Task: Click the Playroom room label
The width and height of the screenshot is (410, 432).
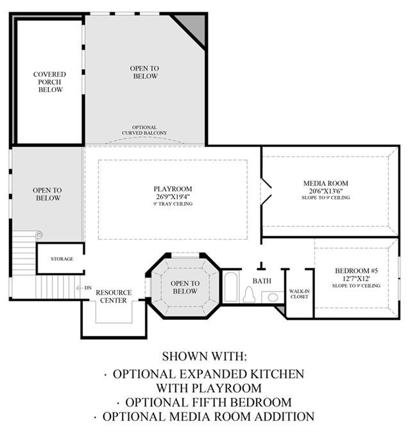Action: (173, 189)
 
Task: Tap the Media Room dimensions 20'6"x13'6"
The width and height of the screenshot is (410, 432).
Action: (326, 191)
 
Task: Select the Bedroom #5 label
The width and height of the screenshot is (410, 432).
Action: (356, 271)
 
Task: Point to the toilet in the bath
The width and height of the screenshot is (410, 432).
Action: (249, 294)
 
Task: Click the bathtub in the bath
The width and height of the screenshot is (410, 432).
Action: (231, 287)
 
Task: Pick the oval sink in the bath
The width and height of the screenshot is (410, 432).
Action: (273, 297)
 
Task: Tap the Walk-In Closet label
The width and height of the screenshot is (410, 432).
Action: (299, 294)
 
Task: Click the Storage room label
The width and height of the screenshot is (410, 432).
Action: (62, 259)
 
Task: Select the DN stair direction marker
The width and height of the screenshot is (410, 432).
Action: (88, 288)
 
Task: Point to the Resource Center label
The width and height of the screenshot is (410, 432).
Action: (114, 297)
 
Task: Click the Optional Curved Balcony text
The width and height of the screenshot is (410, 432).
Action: (144, 130)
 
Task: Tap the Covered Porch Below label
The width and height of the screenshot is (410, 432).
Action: (50, 82)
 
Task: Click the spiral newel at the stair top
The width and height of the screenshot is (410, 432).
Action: (39, 235)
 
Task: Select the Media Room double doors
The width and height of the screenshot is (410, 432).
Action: (266, 192)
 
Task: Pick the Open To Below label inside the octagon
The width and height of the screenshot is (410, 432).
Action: (185, 287)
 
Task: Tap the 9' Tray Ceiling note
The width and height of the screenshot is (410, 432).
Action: (173, 204)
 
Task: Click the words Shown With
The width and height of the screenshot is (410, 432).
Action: (204, 356)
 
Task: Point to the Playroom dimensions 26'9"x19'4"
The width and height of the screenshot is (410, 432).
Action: (173, 197)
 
